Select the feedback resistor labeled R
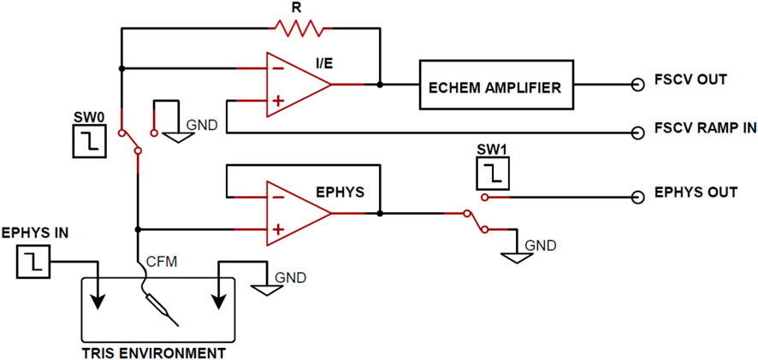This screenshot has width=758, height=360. coord(296,29)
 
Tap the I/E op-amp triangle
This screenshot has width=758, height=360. coord(295,85)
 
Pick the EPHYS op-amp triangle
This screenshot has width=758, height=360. coord(295,212)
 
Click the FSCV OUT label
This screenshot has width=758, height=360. coord(690,80)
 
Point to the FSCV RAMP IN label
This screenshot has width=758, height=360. coord(702,129)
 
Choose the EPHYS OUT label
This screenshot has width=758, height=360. coord(696,192)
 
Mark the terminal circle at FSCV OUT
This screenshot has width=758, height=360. coord(637,85)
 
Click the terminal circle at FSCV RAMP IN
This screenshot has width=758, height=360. coord(637,133)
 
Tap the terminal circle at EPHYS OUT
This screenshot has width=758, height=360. coord(637,197)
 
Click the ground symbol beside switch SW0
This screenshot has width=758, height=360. coord(178,136)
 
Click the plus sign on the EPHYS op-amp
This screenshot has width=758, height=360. coord(277,229)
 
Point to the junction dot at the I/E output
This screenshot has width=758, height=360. coord(379,85)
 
